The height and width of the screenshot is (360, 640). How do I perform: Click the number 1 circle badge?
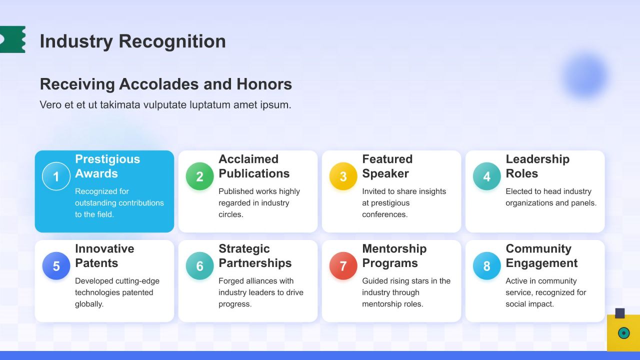click(56, 176)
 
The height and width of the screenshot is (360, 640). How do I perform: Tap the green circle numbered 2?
click(199, 176)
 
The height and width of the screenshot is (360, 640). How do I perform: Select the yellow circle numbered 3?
click(343, 176)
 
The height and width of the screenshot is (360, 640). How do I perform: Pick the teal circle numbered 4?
click(487, 176)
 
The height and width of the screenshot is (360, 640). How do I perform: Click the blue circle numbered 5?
click(56, 265)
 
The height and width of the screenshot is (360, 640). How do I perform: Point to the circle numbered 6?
click(199, 265)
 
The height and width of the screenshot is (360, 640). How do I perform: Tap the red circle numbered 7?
click(343, 265)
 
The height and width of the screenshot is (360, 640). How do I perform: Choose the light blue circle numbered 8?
click(487, 265)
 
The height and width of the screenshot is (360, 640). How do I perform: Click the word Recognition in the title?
click(172, 41)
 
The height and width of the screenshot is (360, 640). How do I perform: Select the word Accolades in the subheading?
click(159, 84)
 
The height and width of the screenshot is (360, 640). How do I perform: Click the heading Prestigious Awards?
click(107, 166)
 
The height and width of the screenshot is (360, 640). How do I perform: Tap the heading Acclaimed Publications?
click(254, 166)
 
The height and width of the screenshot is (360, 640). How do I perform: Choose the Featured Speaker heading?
click(387, 166)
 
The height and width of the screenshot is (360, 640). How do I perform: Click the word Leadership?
click(537, 159)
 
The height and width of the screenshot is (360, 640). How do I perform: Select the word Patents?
click(96, 263)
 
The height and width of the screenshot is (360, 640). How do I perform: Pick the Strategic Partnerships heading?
click(255, 256)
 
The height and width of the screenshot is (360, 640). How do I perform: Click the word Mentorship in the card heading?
click(394, 248)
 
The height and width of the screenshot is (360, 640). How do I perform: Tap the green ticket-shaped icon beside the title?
click(12, 39)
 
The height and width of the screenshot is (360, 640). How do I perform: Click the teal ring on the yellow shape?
click(623, 333)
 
